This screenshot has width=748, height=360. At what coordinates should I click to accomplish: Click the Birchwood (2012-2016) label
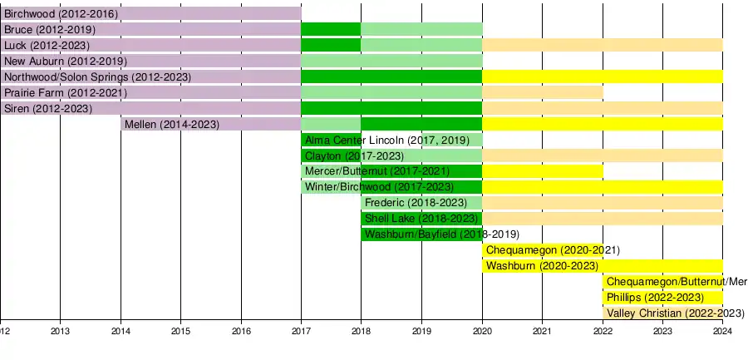(62, 14)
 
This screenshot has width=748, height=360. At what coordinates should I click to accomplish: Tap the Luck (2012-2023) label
(47, 46)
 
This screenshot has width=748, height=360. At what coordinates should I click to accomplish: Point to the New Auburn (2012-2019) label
(65, 62)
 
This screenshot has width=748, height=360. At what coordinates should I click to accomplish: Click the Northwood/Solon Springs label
(98, 77)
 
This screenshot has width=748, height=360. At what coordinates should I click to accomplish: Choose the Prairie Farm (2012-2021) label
(66, 93)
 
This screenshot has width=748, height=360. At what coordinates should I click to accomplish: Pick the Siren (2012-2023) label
(49, 109)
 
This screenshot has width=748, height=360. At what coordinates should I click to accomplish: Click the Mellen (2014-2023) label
(171, 125)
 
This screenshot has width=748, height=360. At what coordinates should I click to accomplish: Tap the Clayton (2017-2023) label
(354, 156)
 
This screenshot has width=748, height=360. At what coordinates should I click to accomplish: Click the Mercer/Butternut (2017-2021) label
(377, 172)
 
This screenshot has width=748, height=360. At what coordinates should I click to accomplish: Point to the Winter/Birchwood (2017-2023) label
(380, 188)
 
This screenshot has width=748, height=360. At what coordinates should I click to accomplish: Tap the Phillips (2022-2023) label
(655, 298)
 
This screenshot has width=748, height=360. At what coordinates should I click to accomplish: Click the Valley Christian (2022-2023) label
(675, 313)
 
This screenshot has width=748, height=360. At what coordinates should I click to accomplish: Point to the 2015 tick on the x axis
(181, 331)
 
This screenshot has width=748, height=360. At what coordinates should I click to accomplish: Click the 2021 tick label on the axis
(542, 331)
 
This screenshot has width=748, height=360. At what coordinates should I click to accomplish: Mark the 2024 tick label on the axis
(722, 331)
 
